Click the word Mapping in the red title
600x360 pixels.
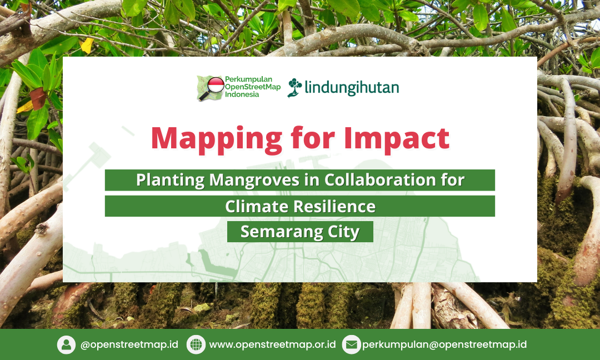(x=217, y=139)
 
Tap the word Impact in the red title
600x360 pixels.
(x=397, y=139)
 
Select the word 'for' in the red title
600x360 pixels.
(x=313, y=138)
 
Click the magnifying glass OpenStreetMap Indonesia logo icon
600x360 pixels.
(x=211, y=88)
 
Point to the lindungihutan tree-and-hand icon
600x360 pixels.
(x=294, y=88)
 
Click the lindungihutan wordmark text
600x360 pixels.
(x=352, y=88)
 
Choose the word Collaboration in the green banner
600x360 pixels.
(x=380, y=179)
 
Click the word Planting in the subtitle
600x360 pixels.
(x=171, y=180)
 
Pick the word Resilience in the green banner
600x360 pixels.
(x=334, y=206)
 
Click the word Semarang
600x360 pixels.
(x=281, y=232)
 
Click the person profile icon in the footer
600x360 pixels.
(x=66, y=344)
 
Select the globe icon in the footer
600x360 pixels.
(x=196, y=344)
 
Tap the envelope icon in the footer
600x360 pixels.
(x=351, y=344)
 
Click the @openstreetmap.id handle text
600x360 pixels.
(x=129, y=344)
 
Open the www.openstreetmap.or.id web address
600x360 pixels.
(x=272, y=344)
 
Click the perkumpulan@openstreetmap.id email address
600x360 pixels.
(x=444, y=344)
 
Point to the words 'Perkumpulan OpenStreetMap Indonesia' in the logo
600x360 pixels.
(x=253, y=87)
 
